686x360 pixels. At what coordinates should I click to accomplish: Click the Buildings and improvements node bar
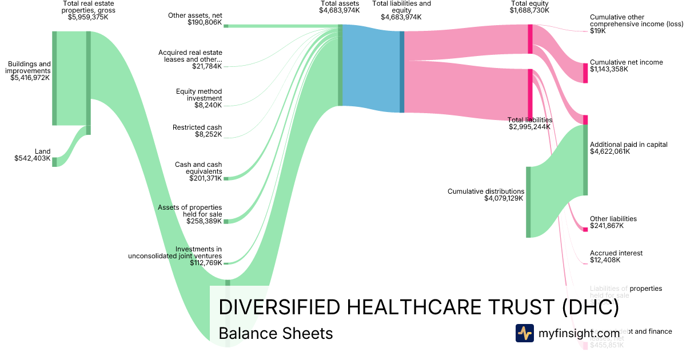[x=54, y=78]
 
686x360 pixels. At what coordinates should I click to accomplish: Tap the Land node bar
[x=54, y=162]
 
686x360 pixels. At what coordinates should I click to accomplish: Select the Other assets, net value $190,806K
[x=204, y=22]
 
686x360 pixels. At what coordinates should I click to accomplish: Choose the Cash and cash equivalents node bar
[x=226, y=178]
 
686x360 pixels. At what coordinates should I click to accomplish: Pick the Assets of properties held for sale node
[x=226, y=221]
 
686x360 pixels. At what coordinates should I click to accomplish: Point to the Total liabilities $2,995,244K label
[x=529, y=123]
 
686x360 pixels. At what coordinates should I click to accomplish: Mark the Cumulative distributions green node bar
[x=528, y=202]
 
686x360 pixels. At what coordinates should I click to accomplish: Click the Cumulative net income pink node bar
[x=585, y=73]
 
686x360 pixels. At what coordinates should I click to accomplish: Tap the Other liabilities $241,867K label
[x=613, y=222]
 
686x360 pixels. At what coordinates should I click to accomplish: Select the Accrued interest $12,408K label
[x=616, y=257]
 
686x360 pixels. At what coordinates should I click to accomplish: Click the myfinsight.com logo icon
[x=524, y=333]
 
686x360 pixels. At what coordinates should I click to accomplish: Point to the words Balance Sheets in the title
[x=276, y=333]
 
